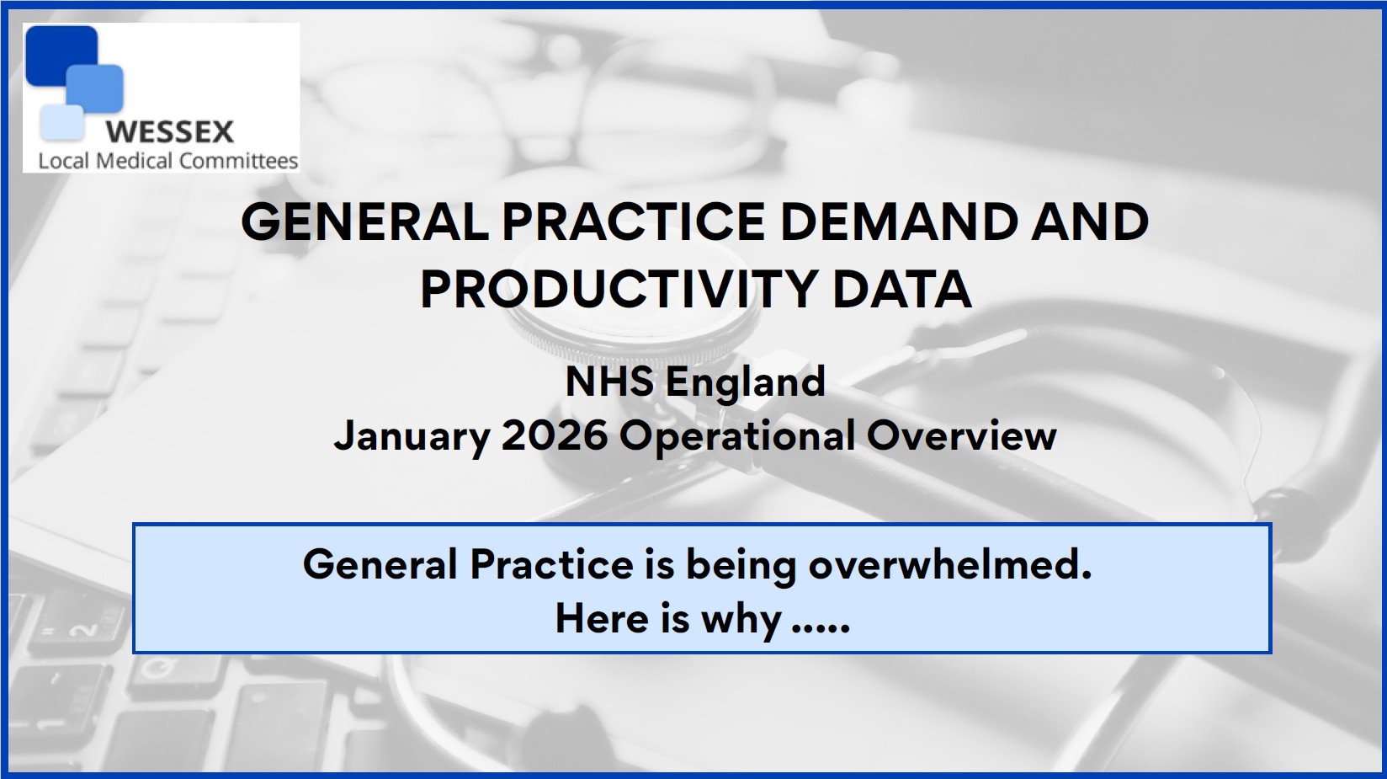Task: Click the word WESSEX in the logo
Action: [170, 132]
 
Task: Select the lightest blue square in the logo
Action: [61, 123]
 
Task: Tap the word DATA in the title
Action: [901, 289]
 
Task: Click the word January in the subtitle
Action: [412, 436]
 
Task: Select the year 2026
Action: [555, 435]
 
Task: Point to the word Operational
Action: [737, 437]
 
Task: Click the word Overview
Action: [962, 435]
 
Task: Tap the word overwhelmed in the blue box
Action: [950, 564]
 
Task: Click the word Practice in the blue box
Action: [552, 564]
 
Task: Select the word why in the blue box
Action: [741, 620]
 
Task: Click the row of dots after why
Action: [821, 630]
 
